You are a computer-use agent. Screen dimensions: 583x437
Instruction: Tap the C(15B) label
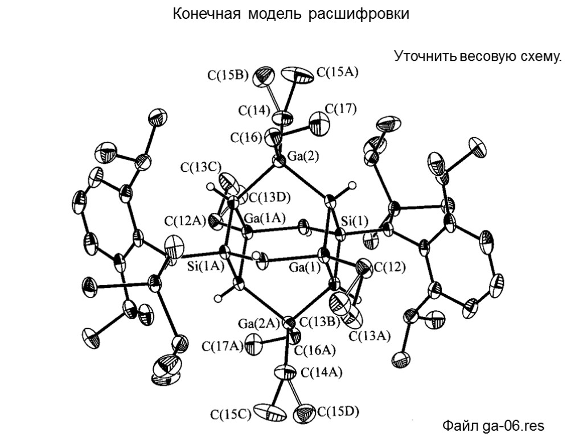point(227,75)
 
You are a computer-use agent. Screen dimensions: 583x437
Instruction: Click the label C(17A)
point(223,345)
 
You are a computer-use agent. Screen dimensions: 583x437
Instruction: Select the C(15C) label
point(231,414)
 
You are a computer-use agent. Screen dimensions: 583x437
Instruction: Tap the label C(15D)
point(338,411)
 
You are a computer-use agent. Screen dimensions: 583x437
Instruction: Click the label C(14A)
point(321,373)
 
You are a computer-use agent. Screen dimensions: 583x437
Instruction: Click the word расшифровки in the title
point(359,14)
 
